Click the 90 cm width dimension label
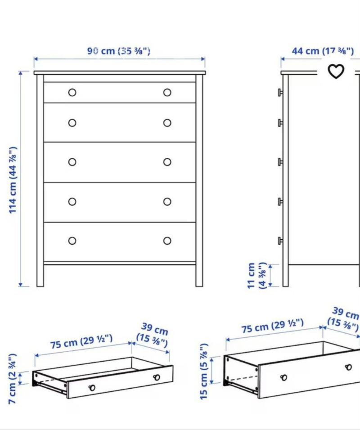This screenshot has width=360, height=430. click(x=119, y=51)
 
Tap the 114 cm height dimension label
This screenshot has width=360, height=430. click(x=13, y=180)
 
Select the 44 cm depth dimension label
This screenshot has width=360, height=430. click(x=323, y=51)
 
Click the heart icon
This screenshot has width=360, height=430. click(x=336, y=72)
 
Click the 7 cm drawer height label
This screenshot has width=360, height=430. click(x=13, y=379)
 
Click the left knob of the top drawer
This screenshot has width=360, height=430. click(x=72, y=93)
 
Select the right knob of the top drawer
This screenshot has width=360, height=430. click(x=167, y=93)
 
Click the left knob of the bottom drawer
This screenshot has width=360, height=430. click(x=72, y=241)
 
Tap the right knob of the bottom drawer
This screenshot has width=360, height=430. click(x=167, y=241)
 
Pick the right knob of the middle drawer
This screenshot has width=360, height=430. click(x=167, y=162)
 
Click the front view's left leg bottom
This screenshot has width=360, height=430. click(x=40, y=286)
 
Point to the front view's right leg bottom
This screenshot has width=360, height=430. click(x=199, y=286)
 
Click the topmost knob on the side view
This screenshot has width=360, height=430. click(x=280, y=93)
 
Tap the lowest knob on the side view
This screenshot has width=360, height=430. click(x=280, y=241)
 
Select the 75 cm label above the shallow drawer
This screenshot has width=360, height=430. click(x=81, y=341)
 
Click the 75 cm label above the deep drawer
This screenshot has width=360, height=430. click(x=272, y=326)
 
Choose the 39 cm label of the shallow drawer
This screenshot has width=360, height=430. click(x=153, y=335)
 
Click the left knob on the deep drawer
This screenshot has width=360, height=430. click(x=283, y=378)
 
